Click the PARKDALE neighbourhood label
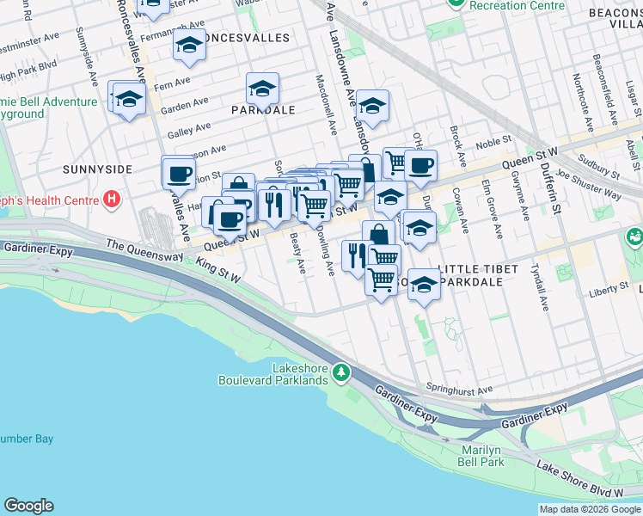tap(263, 110)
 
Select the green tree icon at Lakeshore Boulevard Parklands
tap(342, 372)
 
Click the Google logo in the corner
tap(28, 506)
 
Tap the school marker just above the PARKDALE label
tap(262, 88)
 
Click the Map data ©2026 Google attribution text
tap(590, 508)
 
